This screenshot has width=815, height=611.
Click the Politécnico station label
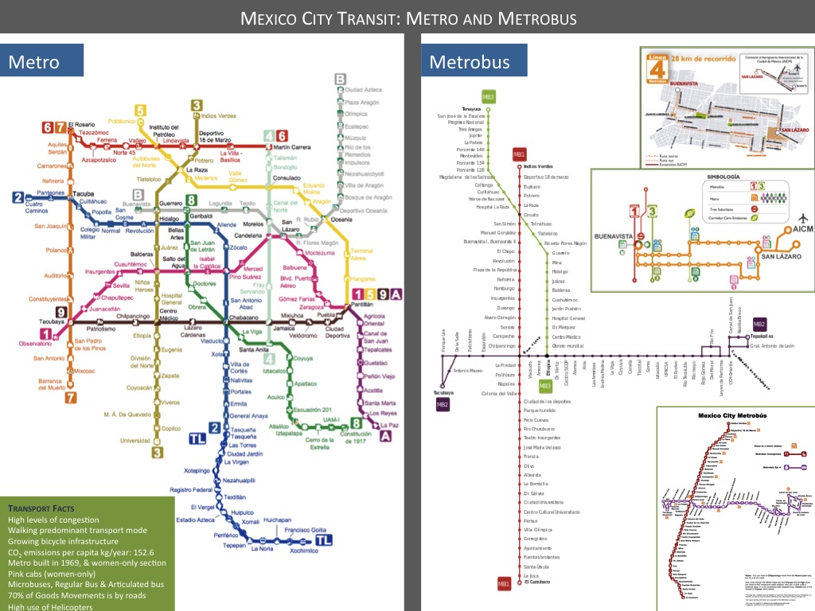[123, 120]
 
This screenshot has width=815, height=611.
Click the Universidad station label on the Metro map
[135, 440]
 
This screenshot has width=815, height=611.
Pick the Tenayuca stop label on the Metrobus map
[472, 109]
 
